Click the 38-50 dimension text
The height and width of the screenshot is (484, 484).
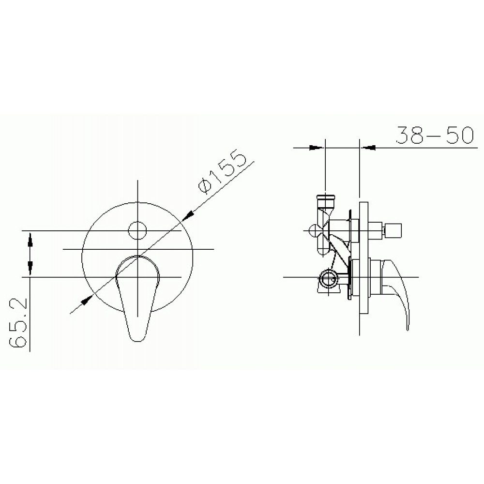pos(434,135)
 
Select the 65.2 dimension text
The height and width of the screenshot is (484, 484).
pos(18,323)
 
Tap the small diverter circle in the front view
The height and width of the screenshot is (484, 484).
pos(137,230)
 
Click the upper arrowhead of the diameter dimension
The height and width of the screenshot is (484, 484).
pos(186,215)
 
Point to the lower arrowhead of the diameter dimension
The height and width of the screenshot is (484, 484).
pos(87,300)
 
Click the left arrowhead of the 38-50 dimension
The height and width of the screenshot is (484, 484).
pos(317,148)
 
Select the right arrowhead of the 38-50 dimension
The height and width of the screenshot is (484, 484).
pos(368,148)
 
